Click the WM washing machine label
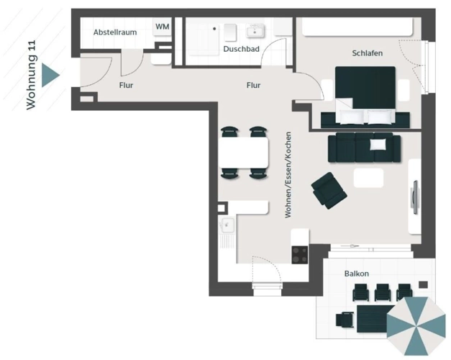(x=163, y=27)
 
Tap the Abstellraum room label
(x=115, y=32)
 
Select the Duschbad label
(x=241, y=49)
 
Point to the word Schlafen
(x=368, y=53)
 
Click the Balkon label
(x=357, y=274)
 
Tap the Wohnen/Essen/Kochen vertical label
(x=288, y=175)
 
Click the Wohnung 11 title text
(x=32, y=75)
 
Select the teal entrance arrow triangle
(x=50, y=75)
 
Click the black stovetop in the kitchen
(x=300, y=255)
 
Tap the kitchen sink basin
(x=227, y=225)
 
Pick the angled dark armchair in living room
(x=329, y=190)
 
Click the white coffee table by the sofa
(x=368, y=178)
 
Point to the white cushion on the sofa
(x=378, y=144)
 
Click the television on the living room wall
(x=414, y=197)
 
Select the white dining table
(x=244, y=153)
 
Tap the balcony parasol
(x=416, y=326)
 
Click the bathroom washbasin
(x=255, y=31)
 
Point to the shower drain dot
(x=214, y=29)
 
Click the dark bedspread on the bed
(x=365, y=87)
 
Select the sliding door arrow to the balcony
(x=350, y=246)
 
